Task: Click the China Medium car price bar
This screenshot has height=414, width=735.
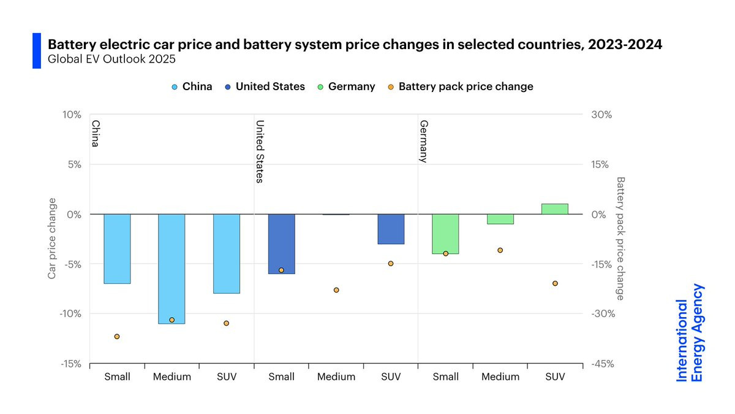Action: (171, 269)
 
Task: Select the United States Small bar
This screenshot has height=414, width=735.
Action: (282, 244)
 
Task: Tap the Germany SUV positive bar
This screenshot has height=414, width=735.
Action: (555, 209)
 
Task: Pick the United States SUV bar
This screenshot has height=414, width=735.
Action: (391, 229)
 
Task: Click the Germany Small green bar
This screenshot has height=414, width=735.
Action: (445, 234)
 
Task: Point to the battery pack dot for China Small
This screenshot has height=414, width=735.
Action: (117, 337)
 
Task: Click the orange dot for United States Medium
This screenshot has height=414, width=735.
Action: (336, 290)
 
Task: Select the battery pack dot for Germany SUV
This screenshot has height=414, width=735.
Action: (555, 283)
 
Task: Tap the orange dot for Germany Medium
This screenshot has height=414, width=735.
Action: (500, 250)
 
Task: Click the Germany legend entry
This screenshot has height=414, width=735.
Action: (347, 86)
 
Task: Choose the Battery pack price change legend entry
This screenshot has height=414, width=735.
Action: (461, 86)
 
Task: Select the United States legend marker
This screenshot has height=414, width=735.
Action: (228, 87)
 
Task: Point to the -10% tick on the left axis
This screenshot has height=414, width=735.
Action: (70, 314)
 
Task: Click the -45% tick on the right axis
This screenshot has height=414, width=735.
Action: (603, 364)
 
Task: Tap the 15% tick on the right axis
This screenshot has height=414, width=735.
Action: (600, 164)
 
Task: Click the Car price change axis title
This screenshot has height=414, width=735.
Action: (52, 239)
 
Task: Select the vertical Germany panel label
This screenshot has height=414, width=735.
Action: (424, 141)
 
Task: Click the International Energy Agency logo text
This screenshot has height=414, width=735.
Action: (689, 333)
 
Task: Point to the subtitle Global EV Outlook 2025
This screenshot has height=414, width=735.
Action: (111, 59)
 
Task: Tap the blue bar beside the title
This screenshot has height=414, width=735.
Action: (37, 50)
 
